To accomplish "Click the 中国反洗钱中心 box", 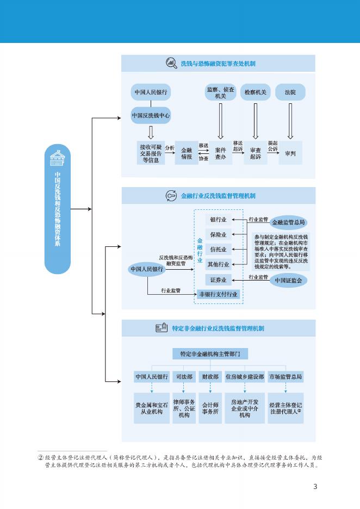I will [151, 116].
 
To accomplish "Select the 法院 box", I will [290, 92].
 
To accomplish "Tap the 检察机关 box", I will [255, 92].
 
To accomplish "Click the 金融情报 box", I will [187, 153].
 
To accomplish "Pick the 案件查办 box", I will [220, 153].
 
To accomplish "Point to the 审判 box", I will [290, 153].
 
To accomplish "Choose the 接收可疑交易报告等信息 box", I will [150, 153].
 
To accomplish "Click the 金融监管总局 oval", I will [288, 222].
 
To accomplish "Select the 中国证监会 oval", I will [288, 281].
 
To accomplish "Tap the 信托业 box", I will [218, 250].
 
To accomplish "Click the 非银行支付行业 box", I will [218, 294].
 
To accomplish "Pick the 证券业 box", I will [218, 280].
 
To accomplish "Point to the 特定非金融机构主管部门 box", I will [210, 354].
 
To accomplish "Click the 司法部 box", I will [183, 376].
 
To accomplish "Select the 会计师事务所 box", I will [210, 408].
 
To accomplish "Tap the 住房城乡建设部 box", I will [244, 376].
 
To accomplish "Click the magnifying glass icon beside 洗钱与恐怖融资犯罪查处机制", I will [171, 63].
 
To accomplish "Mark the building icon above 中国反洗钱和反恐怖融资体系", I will [57, 158].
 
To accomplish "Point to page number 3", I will [315, 486].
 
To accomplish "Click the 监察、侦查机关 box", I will [220, 92].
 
